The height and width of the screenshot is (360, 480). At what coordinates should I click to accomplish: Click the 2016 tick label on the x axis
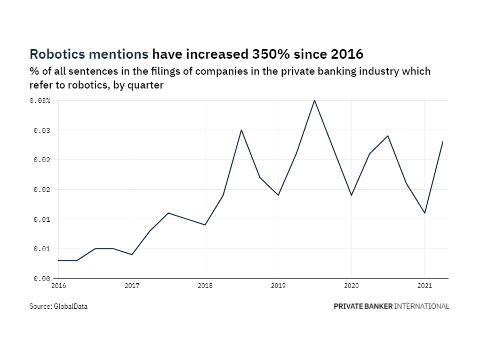click(59, 286)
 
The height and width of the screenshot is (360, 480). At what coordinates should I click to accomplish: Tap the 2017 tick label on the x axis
click(132, 286)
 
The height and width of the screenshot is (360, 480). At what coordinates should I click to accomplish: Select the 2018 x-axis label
click(205, 286)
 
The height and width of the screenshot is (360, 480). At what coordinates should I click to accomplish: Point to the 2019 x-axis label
click(278, 286)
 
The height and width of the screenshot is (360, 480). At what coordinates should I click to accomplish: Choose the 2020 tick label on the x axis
click(351, 286)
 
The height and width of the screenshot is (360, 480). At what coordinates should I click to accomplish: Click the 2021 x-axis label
click(424, 286)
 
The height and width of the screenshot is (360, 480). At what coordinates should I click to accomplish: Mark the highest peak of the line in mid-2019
click(315, 100)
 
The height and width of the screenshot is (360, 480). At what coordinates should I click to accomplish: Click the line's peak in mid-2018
click(241, 130)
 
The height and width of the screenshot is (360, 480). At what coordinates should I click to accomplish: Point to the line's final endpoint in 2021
click(443, 142)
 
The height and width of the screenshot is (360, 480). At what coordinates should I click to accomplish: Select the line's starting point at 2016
click(59, 260)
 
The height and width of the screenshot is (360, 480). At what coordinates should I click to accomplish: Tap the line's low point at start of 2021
click(425, 213)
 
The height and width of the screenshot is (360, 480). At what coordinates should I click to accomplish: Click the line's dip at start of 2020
click(351, 195)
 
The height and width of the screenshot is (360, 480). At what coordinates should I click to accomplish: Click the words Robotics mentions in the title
click(89, 54)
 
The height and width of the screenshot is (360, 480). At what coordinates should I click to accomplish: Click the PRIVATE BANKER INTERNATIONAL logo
click(391, 307)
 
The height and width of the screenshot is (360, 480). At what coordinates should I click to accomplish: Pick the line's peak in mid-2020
click(388, 136)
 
